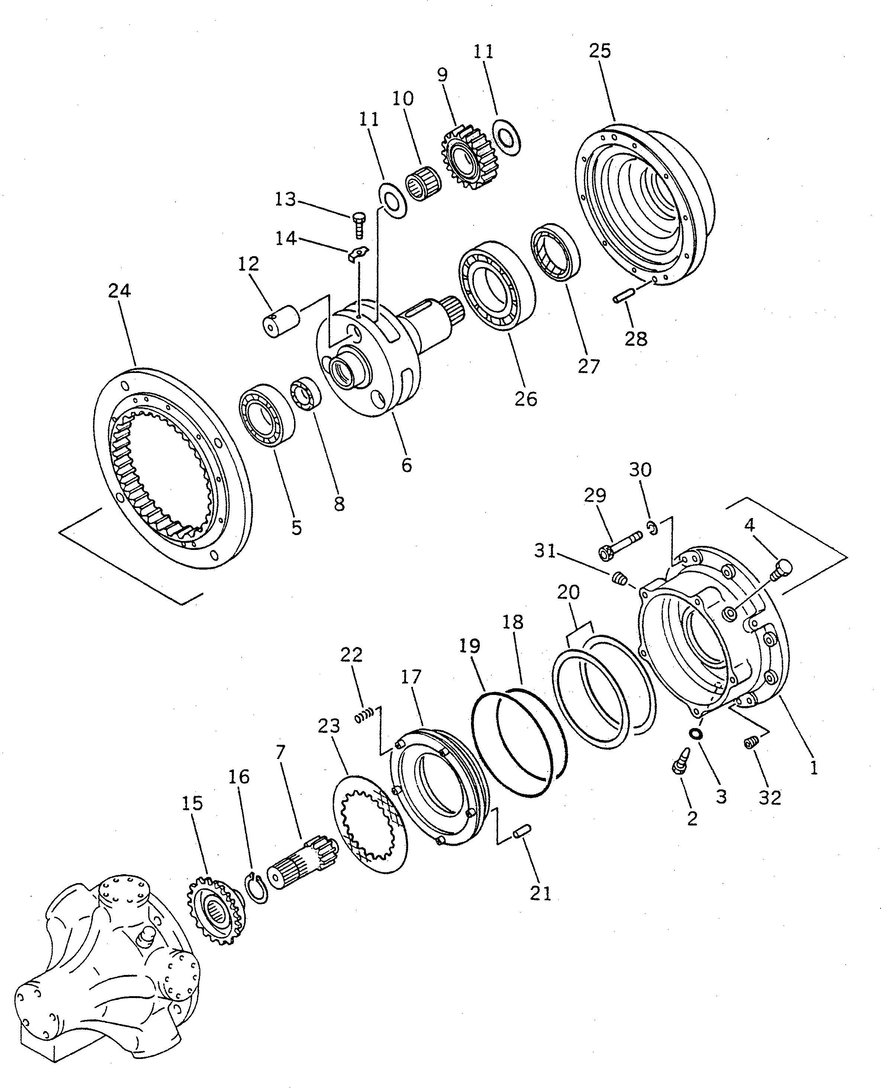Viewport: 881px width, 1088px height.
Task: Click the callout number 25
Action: pyautogui.click(x=600, y=51)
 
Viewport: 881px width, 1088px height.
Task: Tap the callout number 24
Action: pyautogui.click(x=119, y=291)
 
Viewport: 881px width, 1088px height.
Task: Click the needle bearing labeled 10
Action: pyautogui.click(x=424, y=183)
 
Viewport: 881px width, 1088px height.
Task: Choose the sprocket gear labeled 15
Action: pyautogui.click(x=217, y=913)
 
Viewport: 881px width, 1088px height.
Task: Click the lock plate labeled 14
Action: pyautogui.click(x=359, y=254)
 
